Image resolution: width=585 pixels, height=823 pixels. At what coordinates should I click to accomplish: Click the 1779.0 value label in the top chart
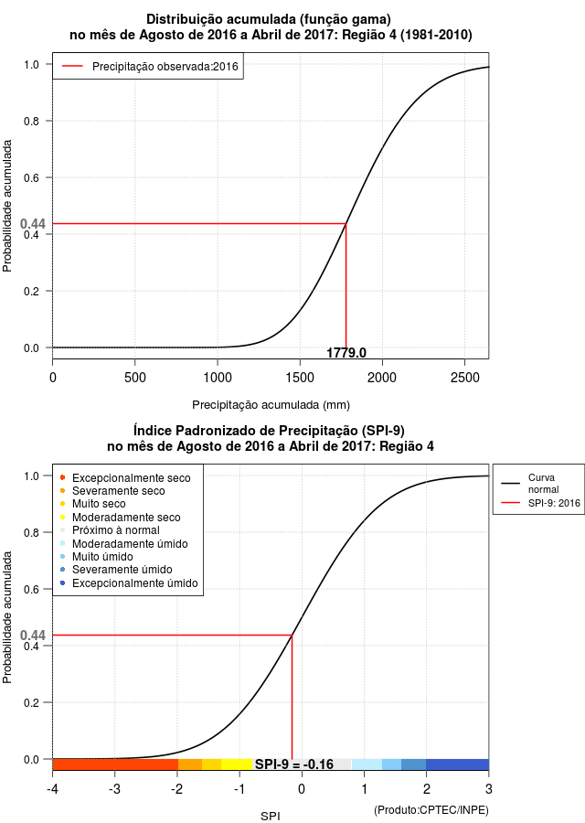346,353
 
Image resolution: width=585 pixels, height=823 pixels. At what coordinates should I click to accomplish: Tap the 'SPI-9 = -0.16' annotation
294,764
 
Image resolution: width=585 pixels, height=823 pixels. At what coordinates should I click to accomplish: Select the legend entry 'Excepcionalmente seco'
126,477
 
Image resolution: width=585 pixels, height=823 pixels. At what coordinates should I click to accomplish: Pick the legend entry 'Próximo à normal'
111,530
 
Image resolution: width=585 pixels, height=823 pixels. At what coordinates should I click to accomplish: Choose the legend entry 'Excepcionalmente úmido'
130,583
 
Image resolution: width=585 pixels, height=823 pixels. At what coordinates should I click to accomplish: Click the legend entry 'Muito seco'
93,504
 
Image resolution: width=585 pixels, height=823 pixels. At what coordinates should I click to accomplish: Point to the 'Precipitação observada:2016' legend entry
150,67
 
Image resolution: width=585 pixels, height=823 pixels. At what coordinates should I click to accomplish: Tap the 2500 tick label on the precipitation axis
465,378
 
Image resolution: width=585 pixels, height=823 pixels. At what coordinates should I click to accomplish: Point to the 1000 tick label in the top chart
218,378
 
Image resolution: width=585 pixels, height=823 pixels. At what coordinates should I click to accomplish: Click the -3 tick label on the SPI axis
114,789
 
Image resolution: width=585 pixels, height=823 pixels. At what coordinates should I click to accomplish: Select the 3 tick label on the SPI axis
489,789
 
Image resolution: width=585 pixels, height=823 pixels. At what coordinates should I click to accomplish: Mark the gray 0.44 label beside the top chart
33,224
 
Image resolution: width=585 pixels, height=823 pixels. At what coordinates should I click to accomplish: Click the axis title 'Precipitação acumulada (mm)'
271,405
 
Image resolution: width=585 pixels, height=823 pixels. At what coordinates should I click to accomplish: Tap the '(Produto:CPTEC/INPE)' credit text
431,810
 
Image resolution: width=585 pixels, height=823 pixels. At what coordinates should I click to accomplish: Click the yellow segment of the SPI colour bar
237,764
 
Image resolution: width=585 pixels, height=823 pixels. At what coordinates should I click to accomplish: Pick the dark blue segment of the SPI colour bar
458,764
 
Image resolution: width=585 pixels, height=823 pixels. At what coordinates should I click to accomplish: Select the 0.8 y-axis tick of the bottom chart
31,533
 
